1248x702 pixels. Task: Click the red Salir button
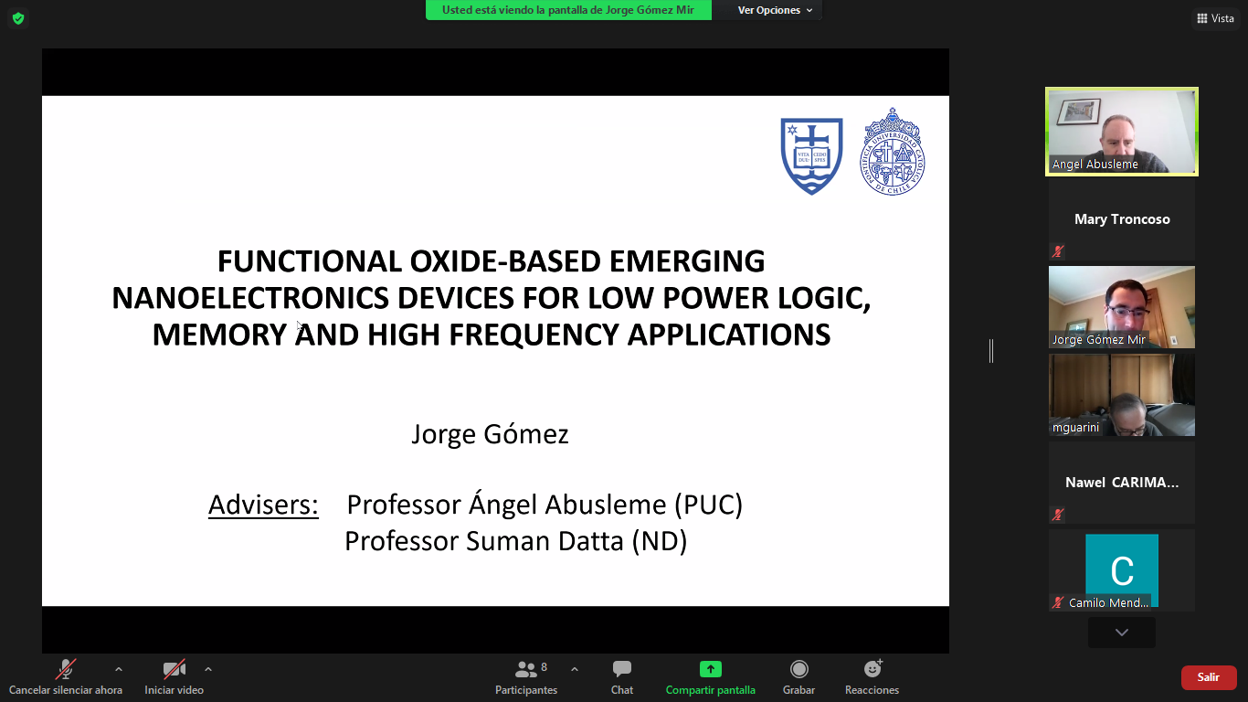(x=1209, y=677)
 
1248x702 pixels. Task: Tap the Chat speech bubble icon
(x=622, y=668)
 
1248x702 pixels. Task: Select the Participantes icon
(x=525, y=668)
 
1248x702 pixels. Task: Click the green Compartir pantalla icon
(x=711, y=668)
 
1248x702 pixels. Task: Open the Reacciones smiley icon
(x=873, y=668)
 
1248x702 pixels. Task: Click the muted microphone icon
(x=65, y=668)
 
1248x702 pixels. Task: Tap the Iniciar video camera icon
(x=174, y=668)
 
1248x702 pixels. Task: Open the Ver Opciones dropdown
(x=775, y=10)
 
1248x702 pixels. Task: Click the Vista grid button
(x=1215, y=18)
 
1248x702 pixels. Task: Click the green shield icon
(x=18, y=18)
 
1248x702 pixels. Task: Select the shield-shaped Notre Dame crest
(x=812, y=155)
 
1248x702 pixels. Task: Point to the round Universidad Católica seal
(x=893, y=152)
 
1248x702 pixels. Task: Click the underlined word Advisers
(x=263, y=504)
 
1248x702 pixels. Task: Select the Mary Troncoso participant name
(x=1122, y=219)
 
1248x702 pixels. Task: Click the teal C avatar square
(x=1122, y=569)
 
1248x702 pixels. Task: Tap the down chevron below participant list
(x=1122, y=633)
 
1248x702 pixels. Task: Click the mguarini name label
(x=1075, y=428)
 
